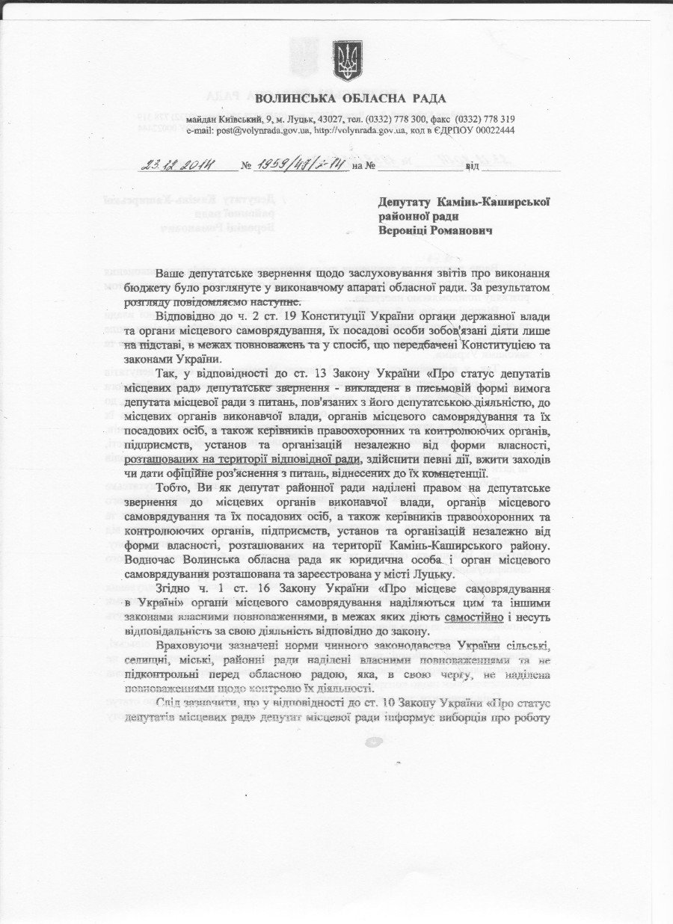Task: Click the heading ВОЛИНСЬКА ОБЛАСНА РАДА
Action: (x=350, y=99)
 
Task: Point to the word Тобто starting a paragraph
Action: (x=173, y=489)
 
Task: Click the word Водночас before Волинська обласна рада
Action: (x=153, y=561)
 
